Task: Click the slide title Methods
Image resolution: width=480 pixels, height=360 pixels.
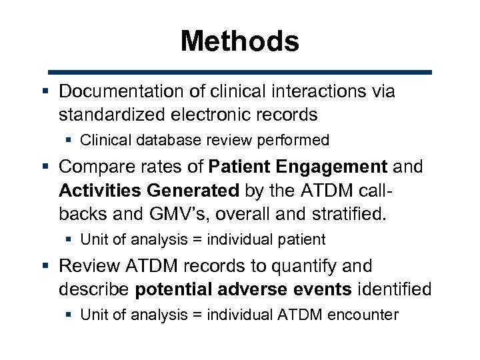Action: [x=239, y=41]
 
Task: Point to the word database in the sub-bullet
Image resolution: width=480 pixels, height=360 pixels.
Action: [x=151, y=140]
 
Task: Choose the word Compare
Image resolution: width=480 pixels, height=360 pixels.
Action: [x=98, y=167]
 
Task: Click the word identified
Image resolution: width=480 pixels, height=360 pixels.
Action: [x=395, y=289]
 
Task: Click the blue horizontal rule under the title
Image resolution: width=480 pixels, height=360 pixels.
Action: [x=239, y=71]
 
